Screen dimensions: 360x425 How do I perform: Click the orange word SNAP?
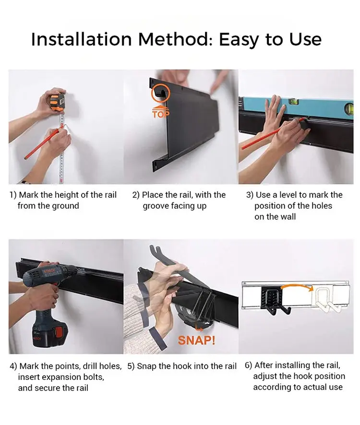196,340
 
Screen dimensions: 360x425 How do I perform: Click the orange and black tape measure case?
58,102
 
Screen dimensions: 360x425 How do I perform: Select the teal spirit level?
296,107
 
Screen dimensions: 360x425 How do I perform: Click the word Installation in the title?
82,39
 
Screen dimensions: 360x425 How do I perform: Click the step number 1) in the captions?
13,195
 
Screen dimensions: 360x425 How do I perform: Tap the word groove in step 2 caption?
156,206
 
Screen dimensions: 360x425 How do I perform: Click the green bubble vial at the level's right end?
349,108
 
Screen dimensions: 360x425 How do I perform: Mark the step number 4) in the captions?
13,366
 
